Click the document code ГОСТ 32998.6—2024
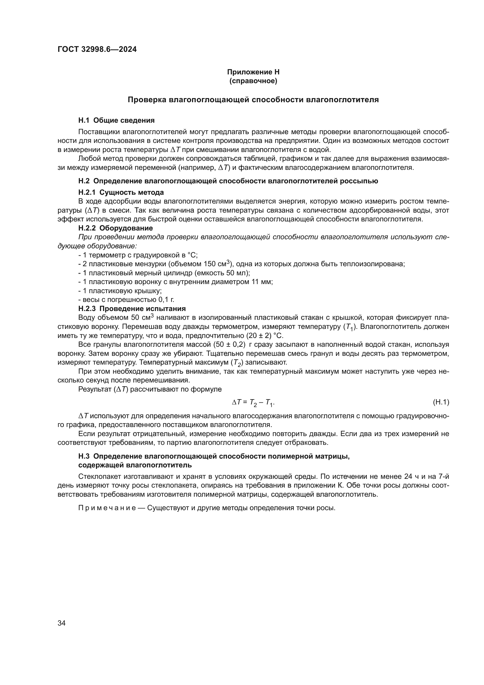(x=97, y=49)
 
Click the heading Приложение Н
(x=253, y=72)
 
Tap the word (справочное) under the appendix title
(x=253, y=81)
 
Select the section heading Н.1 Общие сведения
(x=116, y=120)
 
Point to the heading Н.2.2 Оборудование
(x=115, y=228)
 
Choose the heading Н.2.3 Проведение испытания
(x=132, y=308)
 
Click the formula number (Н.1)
(x=440, y=402)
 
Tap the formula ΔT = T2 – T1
(x=253, y=403)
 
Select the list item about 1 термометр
(x=138, y=255)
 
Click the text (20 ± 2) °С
(x=265, y=336)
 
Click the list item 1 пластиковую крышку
(x=120, y=291)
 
